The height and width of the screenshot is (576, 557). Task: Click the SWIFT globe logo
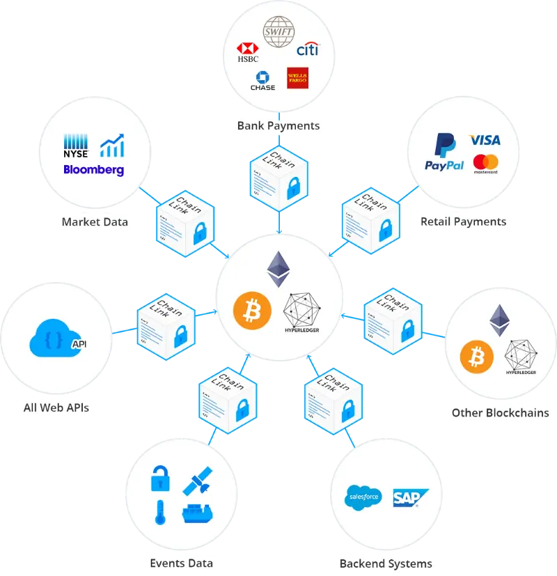tap(278, 33)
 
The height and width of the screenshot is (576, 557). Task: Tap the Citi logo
tap(307, 49)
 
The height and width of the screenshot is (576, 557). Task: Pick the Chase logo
tap(262, 81)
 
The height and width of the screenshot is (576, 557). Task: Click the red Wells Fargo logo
tap(298, 78)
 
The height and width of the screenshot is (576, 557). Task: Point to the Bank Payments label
tap(278, 126)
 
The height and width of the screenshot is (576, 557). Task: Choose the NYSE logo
tap(76, 146)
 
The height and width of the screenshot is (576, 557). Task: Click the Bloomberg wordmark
tap(93, 169)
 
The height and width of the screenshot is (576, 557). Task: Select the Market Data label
tap(95, 222)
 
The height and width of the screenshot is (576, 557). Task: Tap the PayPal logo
tap(444, 154)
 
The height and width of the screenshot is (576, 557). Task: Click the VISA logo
tap(485, 140)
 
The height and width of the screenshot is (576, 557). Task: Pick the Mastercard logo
tap(485, 163)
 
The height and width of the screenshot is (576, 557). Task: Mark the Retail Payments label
tap(463, 222)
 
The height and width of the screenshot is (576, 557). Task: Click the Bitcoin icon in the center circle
tap(251, 310)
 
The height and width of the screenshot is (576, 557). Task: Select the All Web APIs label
tap(56, 407)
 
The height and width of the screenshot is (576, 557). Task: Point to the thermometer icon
tap(160, 513)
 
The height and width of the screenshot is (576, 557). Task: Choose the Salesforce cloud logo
tap(363, 497)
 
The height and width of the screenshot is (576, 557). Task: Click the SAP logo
tap(408, 497)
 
